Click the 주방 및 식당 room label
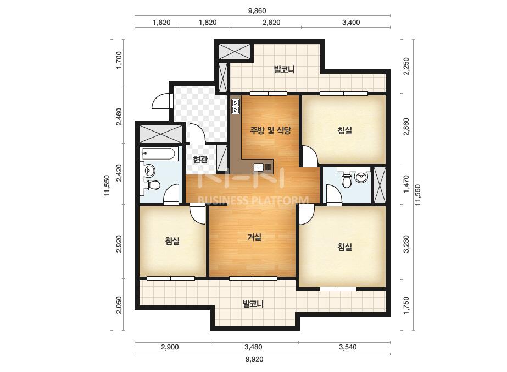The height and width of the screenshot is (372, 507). click(x=270, y=130)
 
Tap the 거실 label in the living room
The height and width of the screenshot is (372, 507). click(x=254, y=237)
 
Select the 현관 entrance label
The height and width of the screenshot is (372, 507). click(x=200, y=160)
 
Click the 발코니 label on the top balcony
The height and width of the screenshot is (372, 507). click(x=284, y=69)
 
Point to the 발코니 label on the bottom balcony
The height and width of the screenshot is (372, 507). click(x=253, y=304)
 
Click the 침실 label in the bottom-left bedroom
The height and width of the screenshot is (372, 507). click(x=172, y=241)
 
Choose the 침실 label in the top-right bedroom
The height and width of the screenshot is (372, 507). click(x=344, y=130)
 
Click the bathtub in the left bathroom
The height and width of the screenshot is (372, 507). click(x=159, y=154)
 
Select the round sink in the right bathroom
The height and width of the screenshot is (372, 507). click(x=361, y=177)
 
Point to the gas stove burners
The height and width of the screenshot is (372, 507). click(x=236, y=107)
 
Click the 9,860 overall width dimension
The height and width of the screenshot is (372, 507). click(x=257, y=10)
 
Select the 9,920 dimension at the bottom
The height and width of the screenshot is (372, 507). click(x=254, y=359)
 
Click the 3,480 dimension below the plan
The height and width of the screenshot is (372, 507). click(x=253, y=347)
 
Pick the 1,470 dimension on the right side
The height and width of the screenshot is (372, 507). click(x=406, y=184)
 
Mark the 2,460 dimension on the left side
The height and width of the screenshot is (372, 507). click(x=119, y=117)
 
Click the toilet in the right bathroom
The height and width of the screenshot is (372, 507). click(x=346, y=180)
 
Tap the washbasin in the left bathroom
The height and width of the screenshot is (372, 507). click(x=150, y=170)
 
